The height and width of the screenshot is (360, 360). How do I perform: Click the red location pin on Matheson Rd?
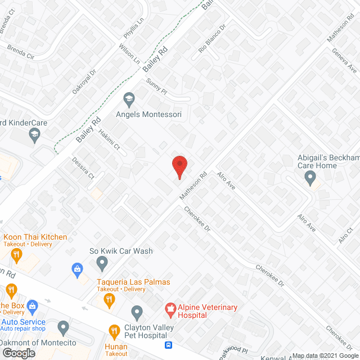179,166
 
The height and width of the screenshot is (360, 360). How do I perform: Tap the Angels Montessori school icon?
129,99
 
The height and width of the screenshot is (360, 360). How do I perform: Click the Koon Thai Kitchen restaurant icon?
16,254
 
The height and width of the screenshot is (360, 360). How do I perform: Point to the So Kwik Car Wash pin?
102,262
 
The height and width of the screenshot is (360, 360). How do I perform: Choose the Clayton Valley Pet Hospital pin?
137,312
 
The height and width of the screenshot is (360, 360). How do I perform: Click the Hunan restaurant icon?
115,331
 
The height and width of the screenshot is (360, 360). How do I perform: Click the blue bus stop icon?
168,345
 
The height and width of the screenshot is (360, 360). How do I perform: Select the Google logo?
19,353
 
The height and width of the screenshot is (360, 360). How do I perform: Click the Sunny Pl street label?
157,86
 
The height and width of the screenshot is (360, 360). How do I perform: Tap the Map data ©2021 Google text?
326,355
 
